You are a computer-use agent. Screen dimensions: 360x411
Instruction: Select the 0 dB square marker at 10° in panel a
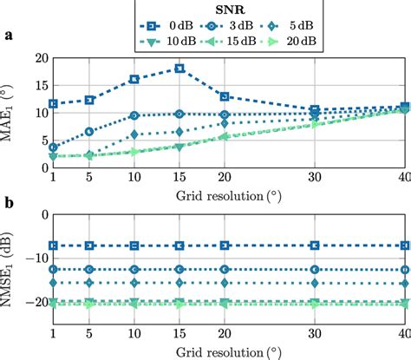point(134,79)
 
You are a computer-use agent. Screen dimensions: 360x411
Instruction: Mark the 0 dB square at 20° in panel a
point(225,96)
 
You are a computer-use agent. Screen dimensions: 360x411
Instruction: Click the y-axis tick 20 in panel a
point(38,59)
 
